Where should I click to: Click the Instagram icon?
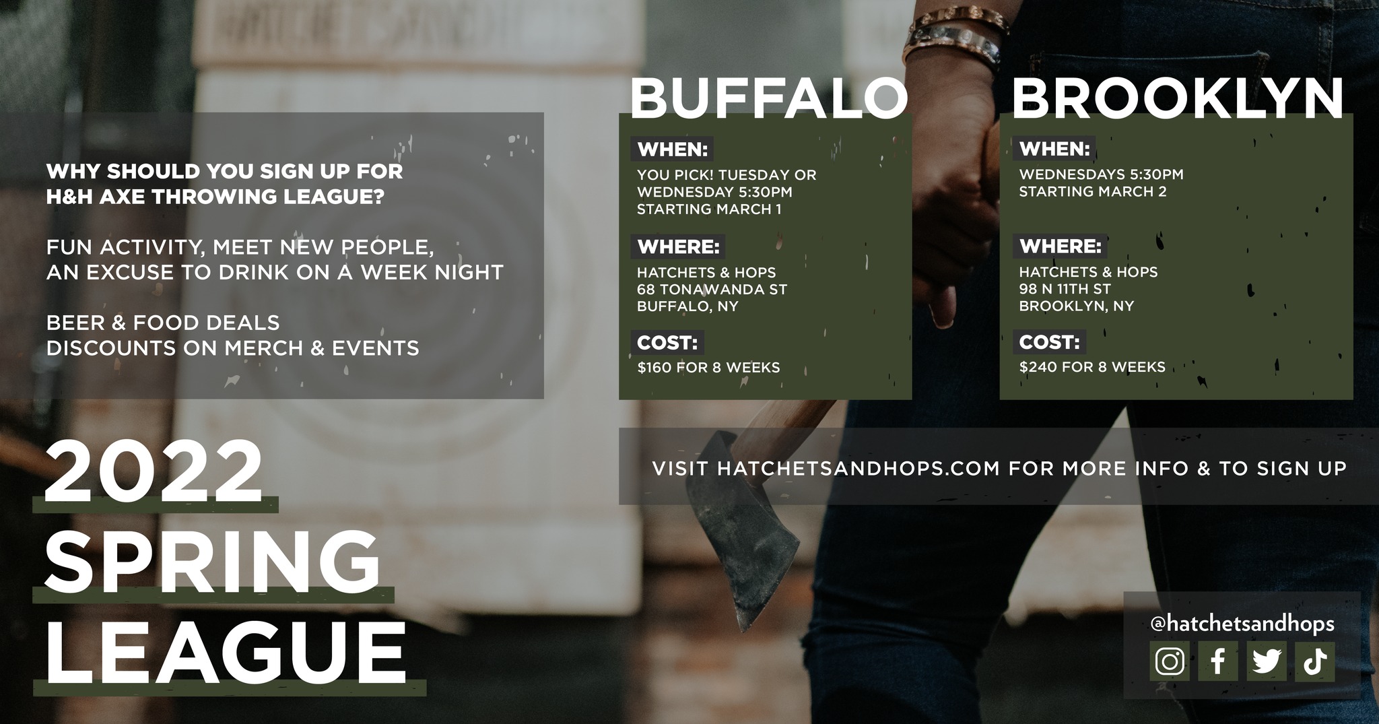pos(1170,661)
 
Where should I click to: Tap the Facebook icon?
pos(1218,661)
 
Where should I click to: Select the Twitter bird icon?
pos(1267,661)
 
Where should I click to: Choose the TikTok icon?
pos(1315,661)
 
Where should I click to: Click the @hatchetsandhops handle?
pos(1243,624)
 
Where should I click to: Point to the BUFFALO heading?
pos(768,98)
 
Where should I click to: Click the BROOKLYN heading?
pos(1177,98)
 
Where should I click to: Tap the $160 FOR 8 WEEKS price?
pos(708,368)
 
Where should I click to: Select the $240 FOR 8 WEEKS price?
pos(1092,367)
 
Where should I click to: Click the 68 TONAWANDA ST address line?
pos(712,290)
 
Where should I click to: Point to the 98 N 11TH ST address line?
pos(1065,289)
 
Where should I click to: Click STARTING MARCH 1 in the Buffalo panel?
pos(709,209)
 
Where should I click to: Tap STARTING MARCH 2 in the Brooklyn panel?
pos(1092,192)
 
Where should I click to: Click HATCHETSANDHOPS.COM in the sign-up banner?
pos(859,469)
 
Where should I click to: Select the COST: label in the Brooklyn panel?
pos(1049,342)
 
